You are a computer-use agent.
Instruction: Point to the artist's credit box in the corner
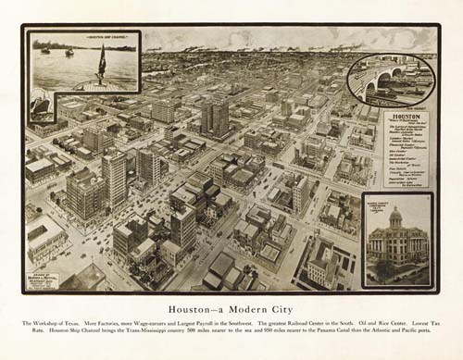(43, 279)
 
